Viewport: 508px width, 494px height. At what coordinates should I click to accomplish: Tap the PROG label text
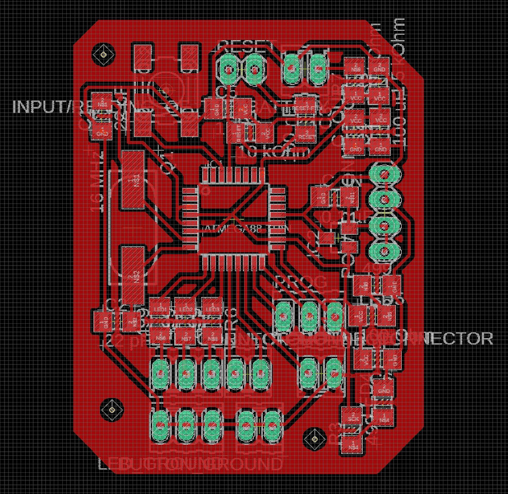[x=301, y=282]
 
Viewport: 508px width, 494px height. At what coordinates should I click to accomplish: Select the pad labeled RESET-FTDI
[x=307, y=106]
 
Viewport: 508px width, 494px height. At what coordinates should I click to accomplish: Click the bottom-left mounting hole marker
[x=111, y=409]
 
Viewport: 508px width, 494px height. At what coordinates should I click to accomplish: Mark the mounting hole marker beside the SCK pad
[x=313, y=438]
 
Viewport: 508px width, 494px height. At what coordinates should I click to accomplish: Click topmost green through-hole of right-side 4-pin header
[x=383, y=173]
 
